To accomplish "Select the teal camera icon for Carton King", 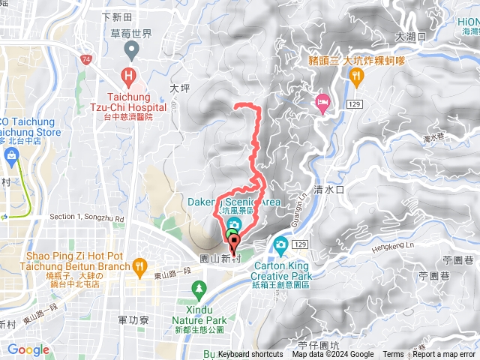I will pos(280,244).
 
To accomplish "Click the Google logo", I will pos(28,349).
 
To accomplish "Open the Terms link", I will pos(393,355).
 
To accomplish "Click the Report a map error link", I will pos(444,355).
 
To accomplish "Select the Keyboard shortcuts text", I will pos(250,355).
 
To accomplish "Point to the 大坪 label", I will pos(179,88).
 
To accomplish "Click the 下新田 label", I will pos(116,16).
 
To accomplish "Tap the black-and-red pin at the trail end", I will pos(232,243).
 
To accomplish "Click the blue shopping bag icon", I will pos(11,156).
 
